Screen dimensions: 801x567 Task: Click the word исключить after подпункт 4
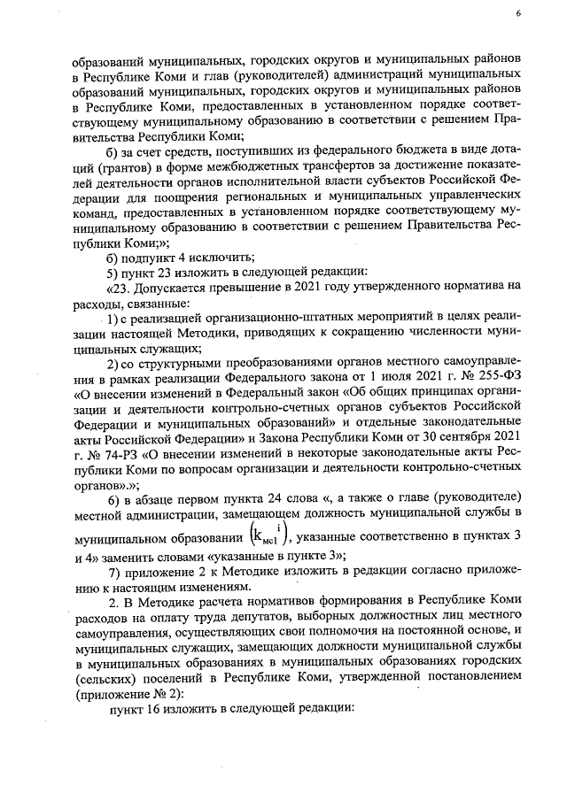(x=205, y=258)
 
